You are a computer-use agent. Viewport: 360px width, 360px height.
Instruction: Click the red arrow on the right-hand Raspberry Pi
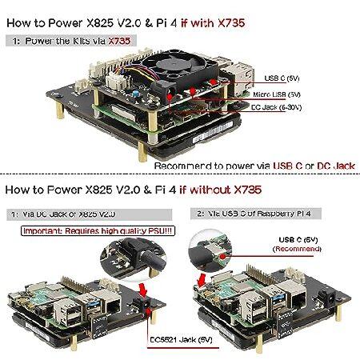[x=206, y=273]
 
